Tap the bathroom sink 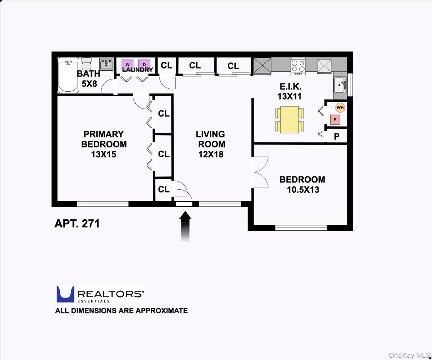106,64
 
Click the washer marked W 127,64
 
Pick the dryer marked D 144,64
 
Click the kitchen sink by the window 340,85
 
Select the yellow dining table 289,119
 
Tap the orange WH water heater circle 340,107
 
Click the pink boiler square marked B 335,119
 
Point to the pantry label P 336,136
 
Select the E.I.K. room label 290,87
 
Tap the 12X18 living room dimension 210,154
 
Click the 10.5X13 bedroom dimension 303,189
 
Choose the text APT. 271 77,223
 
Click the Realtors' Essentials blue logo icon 65,294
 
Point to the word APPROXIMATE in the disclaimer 162,311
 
